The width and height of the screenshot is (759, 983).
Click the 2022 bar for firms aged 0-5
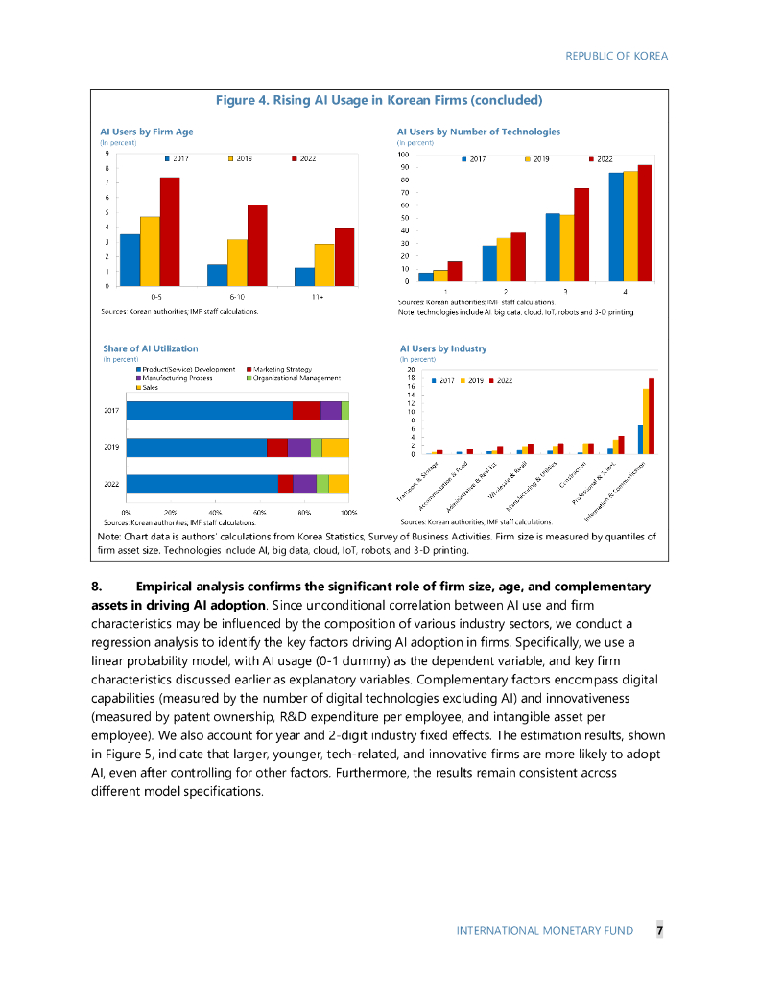170,231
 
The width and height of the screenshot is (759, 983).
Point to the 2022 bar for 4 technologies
645,223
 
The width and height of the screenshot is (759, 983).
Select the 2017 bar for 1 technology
426,276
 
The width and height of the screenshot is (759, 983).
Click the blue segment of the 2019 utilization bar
196,447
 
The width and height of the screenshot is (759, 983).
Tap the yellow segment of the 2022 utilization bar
339,485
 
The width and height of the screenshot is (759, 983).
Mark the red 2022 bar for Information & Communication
652,416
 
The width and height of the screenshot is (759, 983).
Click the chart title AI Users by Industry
443,348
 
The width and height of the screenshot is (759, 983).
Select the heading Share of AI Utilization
151,348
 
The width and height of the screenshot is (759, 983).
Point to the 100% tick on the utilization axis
349,514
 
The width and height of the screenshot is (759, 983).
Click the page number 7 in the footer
659,931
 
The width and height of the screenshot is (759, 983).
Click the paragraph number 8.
97,587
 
